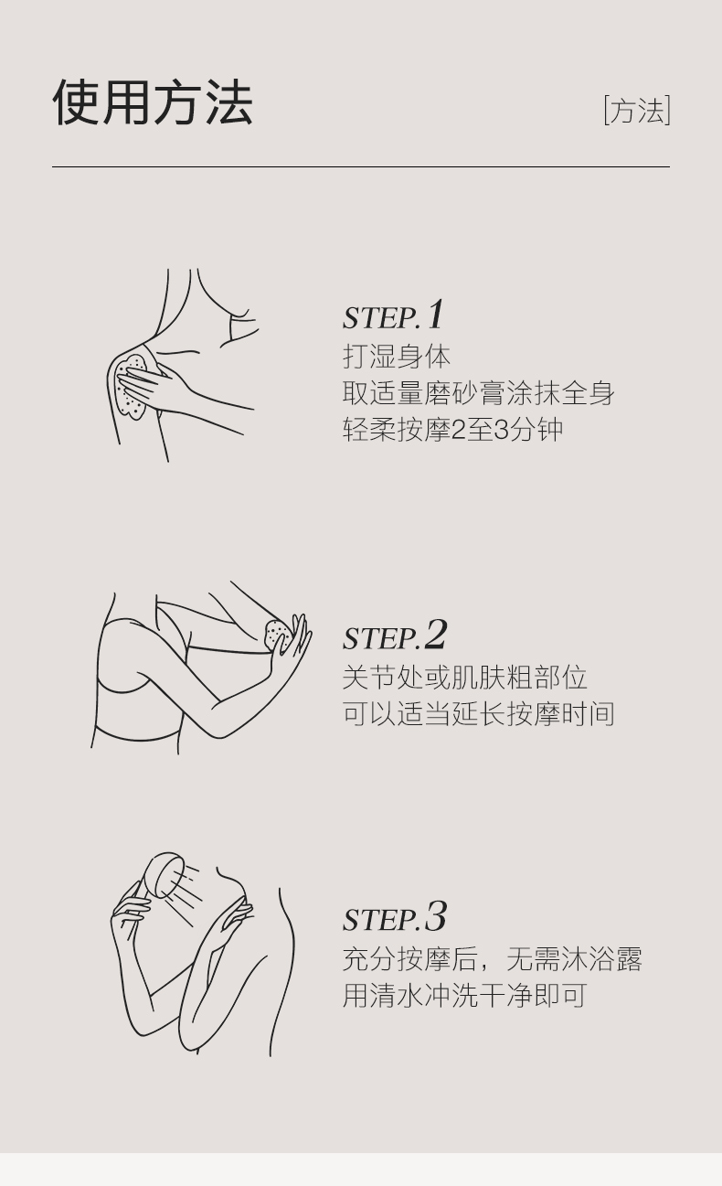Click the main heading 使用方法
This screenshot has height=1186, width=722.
[153, 102]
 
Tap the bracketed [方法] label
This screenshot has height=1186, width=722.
[637, 110]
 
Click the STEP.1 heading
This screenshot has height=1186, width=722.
[392, 315]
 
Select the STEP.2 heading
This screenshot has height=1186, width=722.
[394, 635]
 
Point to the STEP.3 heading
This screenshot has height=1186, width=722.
[394, 916]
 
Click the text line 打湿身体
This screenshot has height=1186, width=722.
[397, 357]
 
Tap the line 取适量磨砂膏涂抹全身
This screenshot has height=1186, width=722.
[479, 393]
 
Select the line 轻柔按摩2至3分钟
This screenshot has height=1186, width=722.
[452, 429]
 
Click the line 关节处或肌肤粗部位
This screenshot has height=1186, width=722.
[465, 678]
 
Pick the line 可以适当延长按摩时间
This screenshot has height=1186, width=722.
[479, 714]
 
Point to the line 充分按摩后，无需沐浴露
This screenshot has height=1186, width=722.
[493, 959]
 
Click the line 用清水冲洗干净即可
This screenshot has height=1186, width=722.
[465, 996]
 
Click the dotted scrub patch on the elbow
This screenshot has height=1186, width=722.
[279, 635]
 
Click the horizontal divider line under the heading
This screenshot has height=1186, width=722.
[361, 166]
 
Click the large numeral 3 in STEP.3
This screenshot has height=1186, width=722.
[436, 916]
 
